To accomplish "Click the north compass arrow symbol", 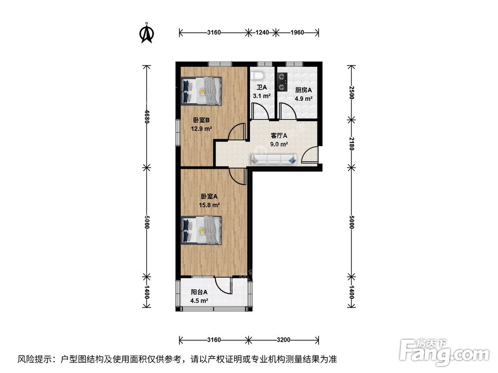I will click(x=146, y=33).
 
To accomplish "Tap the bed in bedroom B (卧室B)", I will click(x=202, y=91).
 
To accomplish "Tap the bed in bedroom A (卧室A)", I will click(x=202, y=230).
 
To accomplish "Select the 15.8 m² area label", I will click(x=209, y=204).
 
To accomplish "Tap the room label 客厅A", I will click(x=279, y=135).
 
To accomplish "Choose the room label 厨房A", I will click(x=303, y=90).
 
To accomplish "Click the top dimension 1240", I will click(x=262, y=33).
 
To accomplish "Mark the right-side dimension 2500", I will click(x=352, y=93).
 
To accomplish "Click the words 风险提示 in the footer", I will click(x=34, y=359).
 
